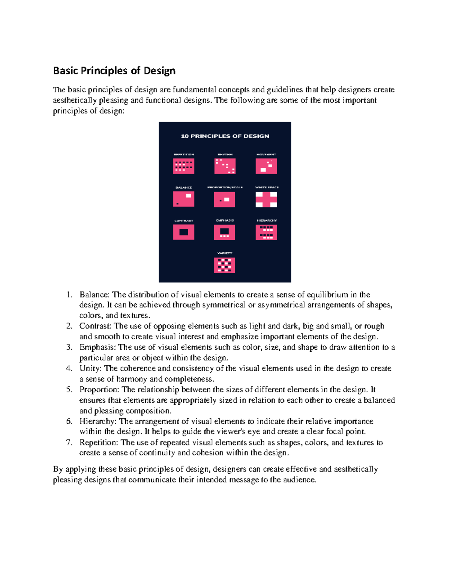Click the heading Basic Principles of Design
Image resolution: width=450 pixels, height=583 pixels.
click(x=114, y=71)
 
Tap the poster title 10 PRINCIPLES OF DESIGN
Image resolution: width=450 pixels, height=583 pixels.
click(x=225, y=136)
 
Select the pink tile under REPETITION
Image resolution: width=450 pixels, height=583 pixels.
click(x=183, y=166)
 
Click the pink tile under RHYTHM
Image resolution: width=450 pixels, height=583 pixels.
click(x=225, y=166)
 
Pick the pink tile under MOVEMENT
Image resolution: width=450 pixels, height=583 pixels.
click(x=266, y=166)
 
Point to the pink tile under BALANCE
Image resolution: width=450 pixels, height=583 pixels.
click(x=183, y=199)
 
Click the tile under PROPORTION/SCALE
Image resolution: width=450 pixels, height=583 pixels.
click(x=225, y=199)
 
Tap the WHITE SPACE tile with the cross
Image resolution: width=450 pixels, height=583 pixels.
click(x=266, y=199)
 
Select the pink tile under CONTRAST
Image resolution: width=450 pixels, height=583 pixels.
click(x=183, y=232)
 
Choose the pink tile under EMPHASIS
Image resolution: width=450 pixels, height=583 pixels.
click(x=225, y=232)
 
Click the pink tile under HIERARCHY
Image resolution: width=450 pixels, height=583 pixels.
click(x=266, y=232)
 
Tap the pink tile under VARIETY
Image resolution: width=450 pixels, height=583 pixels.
click(x=225, y=265)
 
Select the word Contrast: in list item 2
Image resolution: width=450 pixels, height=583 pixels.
click(x=95, y=326)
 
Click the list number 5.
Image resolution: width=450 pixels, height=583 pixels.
click(x=69, y=390)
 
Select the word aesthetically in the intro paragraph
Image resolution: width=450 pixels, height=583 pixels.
click(x=75, y=100)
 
